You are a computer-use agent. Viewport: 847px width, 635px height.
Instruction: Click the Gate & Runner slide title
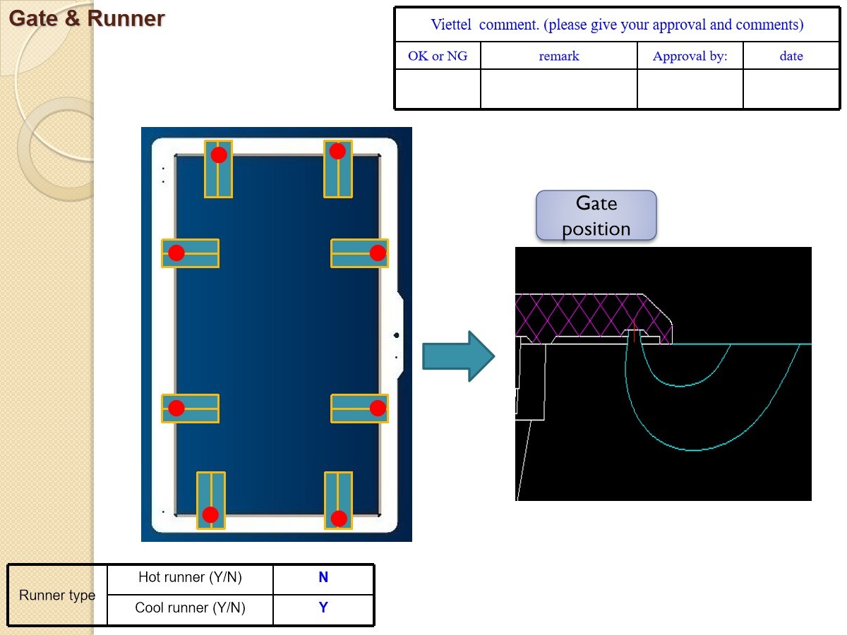point(87,19)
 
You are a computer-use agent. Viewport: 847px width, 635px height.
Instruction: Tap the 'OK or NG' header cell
point(438,56)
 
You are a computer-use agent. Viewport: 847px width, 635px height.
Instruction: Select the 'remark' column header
point(558,56)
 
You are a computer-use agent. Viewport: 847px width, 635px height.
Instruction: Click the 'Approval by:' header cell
point(690,56)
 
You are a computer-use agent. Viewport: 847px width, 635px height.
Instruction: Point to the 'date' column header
point(791,56)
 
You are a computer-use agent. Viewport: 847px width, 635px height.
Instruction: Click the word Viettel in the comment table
point(452,25)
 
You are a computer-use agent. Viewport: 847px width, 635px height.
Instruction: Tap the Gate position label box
point(596,215)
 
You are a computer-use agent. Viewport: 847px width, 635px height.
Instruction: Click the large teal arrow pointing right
point(457,356)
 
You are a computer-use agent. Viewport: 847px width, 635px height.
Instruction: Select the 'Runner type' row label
point(57,595)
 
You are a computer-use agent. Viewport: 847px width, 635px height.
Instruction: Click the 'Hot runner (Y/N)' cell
point(190,578)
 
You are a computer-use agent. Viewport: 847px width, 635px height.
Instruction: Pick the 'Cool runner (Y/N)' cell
point(190,608)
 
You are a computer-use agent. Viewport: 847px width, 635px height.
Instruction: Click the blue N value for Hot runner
point(323,578)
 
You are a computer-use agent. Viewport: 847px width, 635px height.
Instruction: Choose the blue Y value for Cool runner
point(323,608)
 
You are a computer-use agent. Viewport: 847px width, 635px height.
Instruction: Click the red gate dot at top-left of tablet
point(219,155)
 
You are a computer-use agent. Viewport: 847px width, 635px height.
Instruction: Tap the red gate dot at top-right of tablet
point(337,151)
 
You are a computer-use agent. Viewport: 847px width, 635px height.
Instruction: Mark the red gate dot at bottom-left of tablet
point(210,514)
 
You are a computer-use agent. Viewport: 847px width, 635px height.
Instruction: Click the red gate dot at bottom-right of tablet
point(339,519)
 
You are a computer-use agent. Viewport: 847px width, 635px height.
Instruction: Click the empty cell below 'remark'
point(558,89)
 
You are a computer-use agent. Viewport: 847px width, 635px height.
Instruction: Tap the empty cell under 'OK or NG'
point(438,89)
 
